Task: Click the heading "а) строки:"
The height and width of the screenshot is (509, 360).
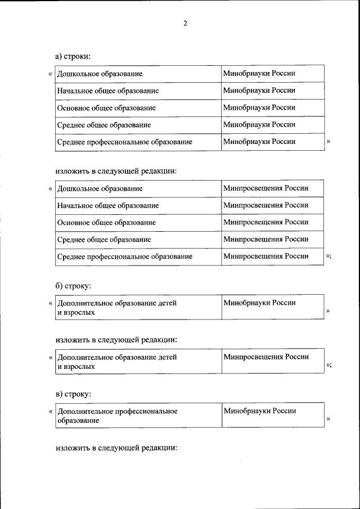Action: [x=73, y=56]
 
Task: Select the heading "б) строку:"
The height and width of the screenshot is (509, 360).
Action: [x=73, y=286]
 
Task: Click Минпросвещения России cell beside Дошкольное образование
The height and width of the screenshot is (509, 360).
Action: [x=265, y=188]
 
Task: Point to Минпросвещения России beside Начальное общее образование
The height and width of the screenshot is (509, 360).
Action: [x=265, y=205]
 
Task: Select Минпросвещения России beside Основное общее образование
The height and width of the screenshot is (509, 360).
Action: [x=265, y=222]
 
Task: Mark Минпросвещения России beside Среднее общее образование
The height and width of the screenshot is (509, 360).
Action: [x=265, y=239]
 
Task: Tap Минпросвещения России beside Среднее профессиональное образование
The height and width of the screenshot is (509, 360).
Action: [x=265, y=256]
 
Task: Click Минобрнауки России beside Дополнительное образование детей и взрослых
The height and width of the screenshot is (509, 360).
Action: [x=259, y=303]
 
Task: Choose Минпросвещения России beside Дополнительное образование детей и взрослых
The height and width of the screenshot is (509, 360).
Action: [x=266, y=357]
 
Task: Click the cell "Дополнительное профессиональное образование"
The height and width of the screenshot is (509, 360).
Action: [x=118, y=416]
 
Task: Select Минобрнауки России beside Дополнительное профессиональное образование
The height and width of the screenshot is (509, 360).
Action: [x=259, y=411]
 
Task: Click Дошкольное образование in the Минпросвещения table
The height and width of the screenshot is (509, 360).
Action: [x=100, y=188]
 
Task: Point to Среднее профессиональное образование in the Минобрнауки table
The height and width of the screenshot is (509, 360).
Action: [x=124, y=142]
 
